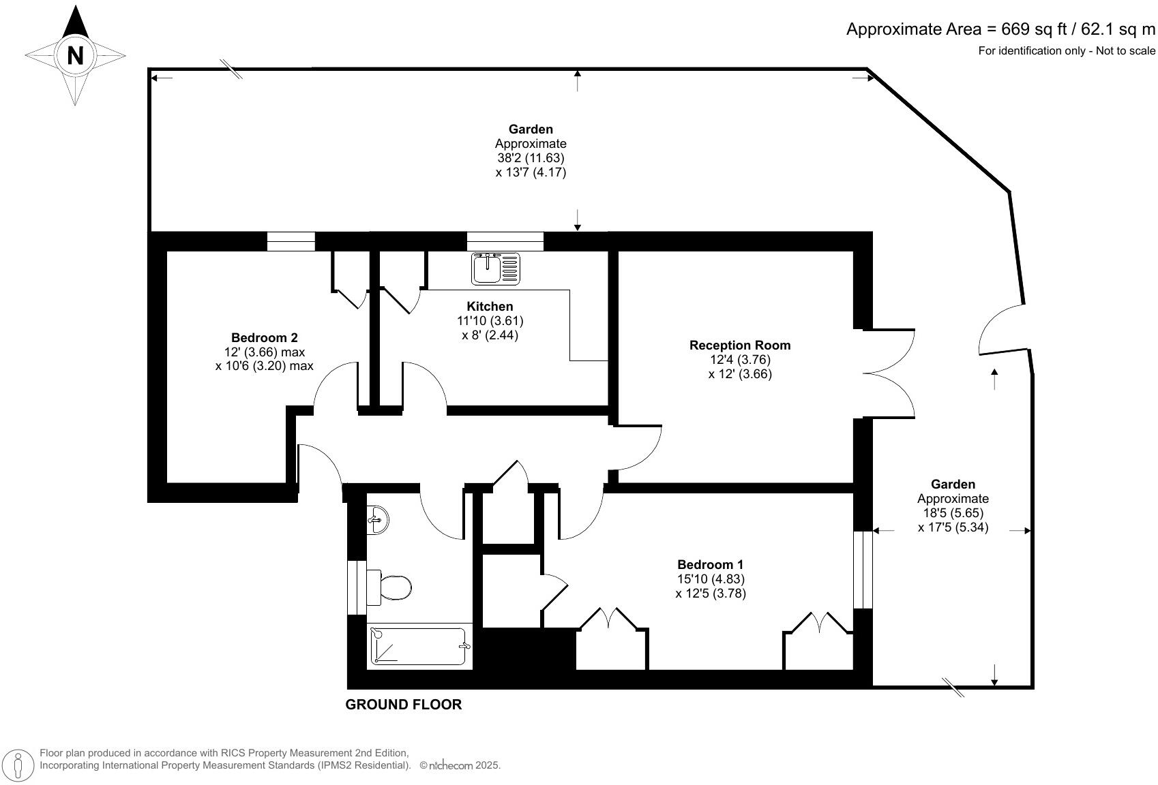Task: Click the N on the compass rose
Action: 75,56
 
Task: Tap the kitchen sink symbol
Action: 495,268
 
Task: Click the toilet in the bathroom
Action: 392,587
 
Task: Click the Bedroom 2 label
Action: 264,337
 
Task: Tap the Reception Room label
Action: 740,345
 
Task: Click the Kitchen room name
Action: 490,306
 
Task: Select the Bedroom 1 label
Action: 710,564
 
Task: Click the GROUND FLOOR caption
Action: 404,705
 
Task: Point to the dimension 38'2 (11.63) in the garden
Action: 531,158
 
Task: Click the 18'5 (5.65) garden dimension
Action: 953,513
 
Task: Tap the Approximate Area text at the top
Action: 1000,29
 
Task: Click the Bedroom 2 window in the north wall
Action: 291,241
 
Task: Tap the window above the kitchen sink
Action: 505,241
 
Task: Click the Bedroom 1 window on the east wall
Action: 863,570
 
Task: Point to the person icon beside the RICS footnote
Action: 21,765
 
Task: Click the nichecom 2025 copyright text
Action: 460,766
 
